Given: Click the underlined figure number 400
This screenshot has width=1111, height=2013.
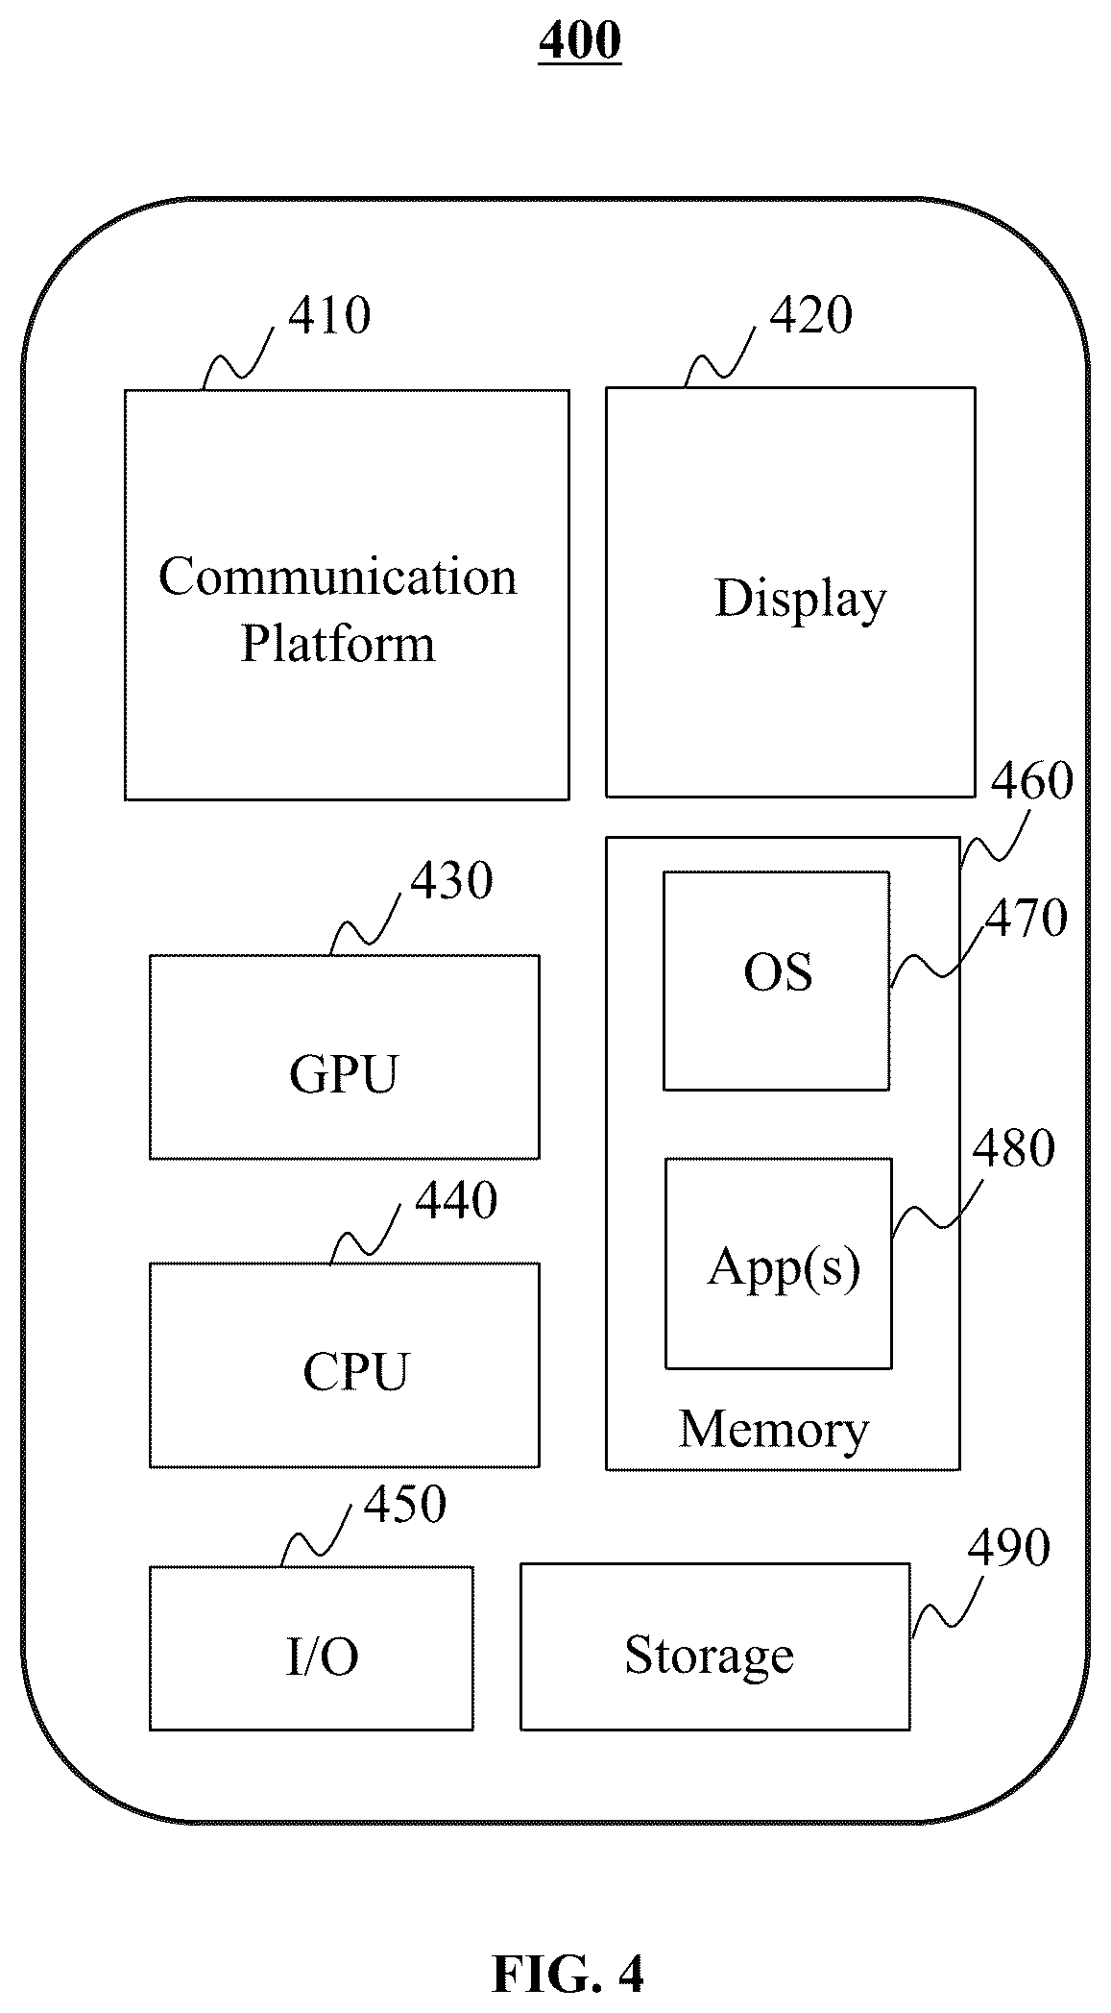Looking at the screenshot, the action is pyautogui.click(x=580, y=40).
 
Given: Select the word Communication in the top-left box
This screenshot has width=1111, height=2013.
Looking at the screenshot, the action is pyautogui.click(x=338, y=577).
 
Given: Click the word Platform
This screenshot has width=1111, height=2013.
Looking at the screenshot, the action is pyautogui.click(x=338, y=643).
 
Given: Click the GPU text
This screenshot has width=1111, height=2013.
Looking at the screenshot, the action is pyautogui.click(x=344, y=1073).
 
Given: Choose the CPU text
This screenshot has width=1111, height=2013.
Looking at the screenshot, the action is pyautogui.click(x=355, y=1371).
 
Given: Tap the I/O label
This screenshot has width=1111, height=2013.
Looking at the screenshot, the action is pyautogui.click(x=323, y=1657).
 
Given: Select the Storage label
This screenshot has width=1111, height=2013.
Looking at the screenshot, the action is pyautogui.click(x=710, y=1655).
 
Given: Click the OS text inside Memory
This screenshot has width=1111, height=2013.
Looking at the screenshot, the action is pyautogui.click(x=778, y=971).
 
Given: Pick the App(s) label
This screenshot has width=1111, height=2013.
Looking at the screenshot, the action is pyautogui.click(x=784, y=1267).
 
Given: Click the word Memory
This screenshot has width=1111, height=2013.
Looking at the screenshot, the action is pyautogui.click(x=774, y=1429).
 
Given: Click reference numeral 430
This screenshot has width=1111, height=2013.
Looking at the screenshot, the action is pyautogui.click(x=452, y=880).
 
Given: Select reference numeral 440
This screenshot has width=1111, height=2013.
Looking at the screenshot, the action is pyautogui.click(x=456, y=1201).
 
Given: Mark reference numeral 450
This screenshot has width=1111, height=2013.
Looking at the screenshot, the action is pyautogui.click(x=405, y=1505).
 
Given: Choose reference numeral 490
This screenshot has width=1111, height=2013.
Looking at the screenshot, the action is pyautogui.click(x=1008, y=1548).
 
